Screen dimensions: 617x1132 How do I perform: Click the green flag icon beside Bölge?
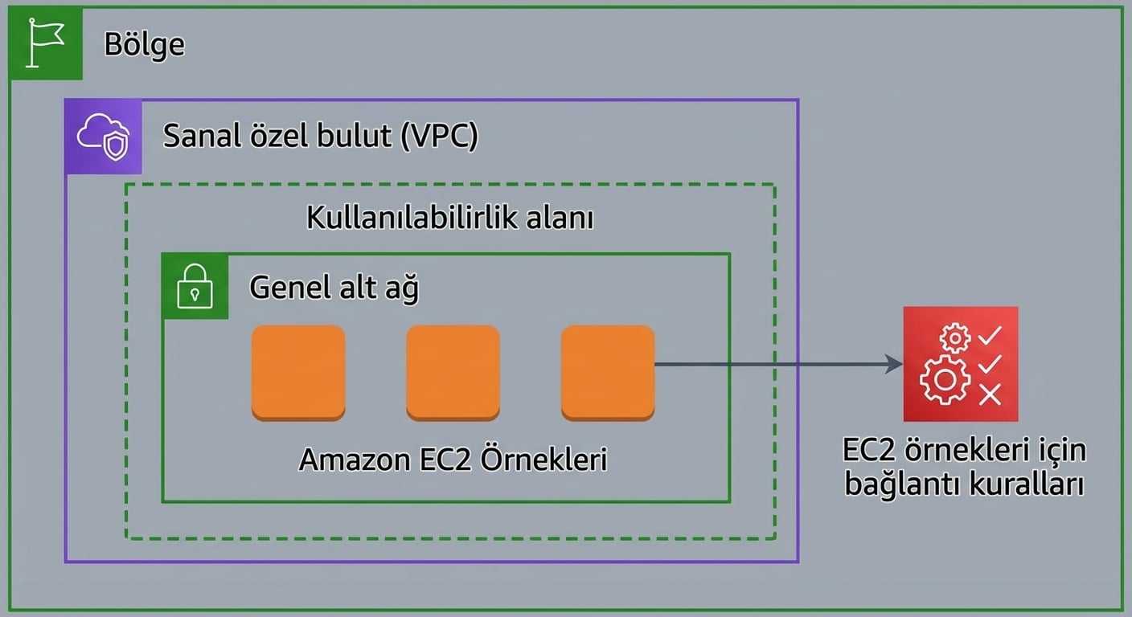point(45,43)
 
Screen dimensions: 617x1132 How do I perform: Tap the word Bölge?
point(144,44)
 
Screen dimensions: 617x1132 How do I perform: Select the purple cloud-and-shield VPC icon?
point(103,137)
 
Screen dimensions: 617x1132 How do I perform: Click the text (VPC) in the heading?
point(441,136)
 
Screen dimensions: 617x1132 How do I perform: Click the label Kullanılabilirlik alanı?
point(449,218)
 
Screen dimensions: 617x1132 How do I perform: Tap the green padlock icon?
point(195,286)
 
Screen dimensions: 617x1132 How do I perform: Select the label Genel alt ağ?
point(334,287)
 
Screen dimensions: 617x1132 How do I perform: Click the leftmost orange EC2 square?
point(298,372)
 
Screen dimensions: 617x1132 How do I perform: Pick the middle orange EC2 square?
point(453,372)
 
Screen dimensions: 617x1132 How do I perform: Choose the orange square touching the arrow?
point(607,372)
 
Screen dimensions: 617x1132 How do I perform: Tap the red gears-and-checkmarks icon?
point(960,364)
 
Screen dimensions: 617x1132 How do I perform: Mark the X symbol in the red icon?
point(990,394)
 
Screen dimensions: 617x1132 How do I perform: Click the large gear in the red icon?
point(944,379)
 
